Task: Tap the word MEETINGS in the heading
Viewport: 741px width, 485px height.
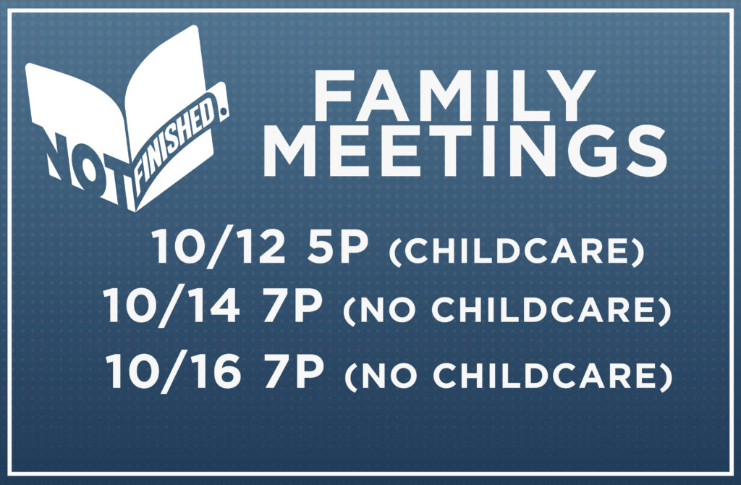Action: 465,151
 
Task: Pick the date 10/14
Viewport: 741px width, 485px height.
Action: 171,307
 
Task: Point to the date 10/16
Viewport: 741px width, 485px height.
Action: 172,373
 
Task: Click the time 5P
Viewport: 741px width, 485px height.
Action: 337,247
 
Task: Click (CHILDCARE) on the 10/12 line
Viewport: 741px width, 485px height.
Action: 517,251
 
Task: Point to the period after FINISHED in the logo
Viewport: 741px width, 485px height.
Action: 223,111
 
